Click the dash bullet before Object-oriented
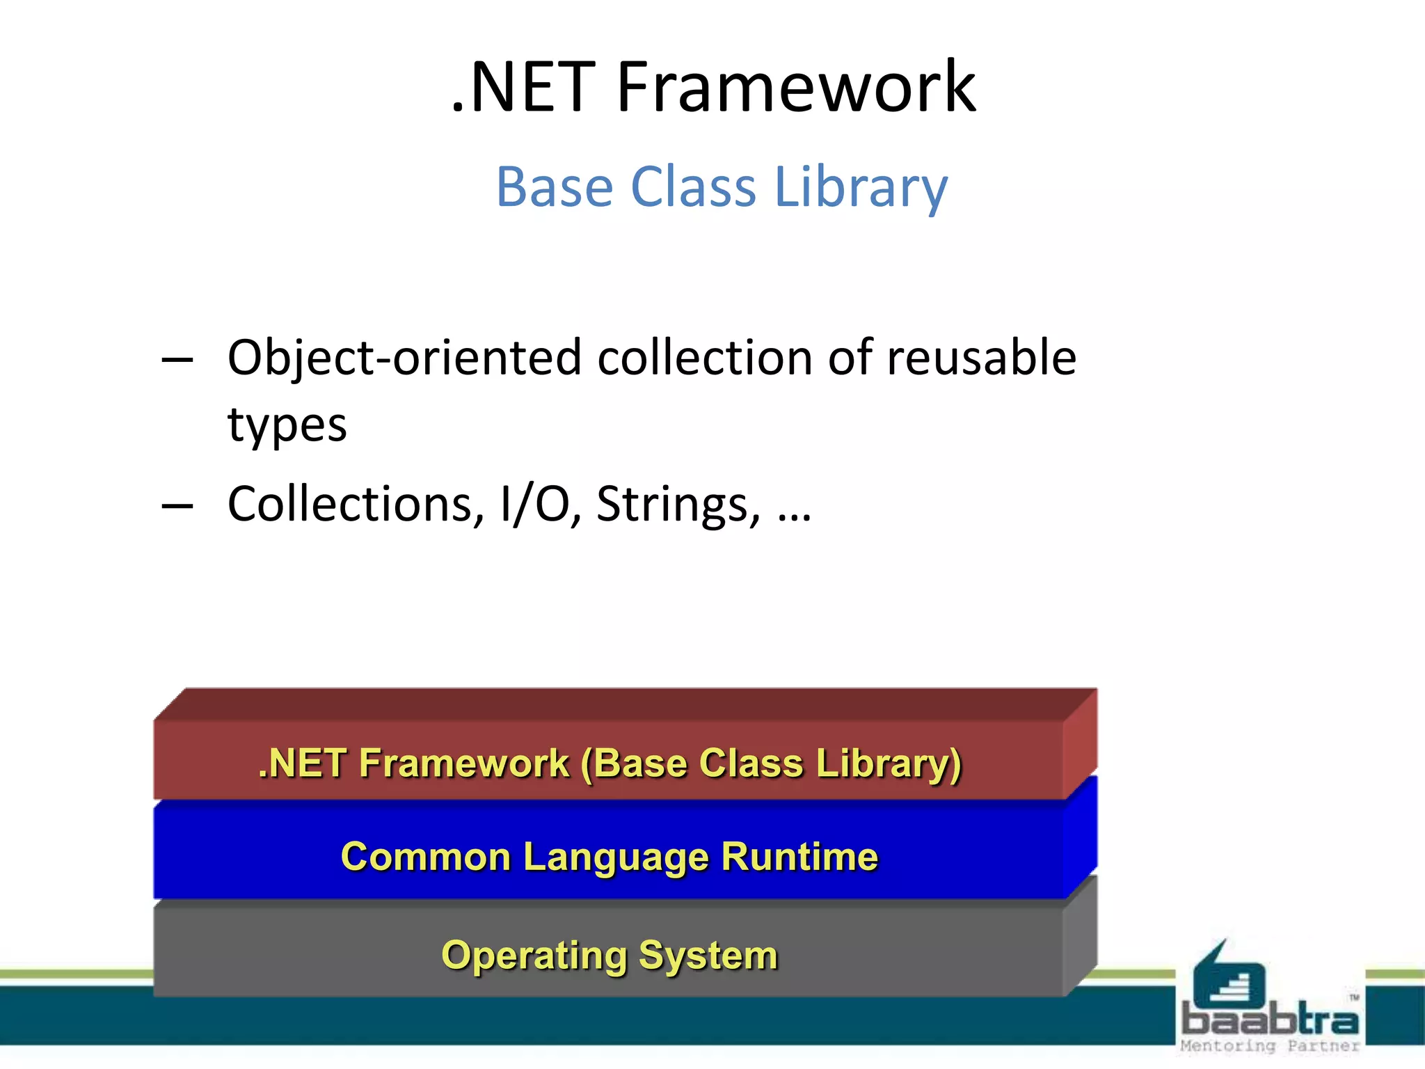point(177,360)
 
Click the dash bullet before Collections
point(177,505)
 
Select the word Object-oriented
point(404,358)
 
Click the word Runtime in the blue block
point(799,856)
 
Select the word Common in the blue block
point(426,856)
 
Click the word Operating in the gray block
point(534,956)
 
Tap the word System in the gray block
point(708,956)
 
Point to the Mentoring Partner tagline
point(1269,1045)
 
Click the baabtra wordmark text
point(1269,1020)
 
